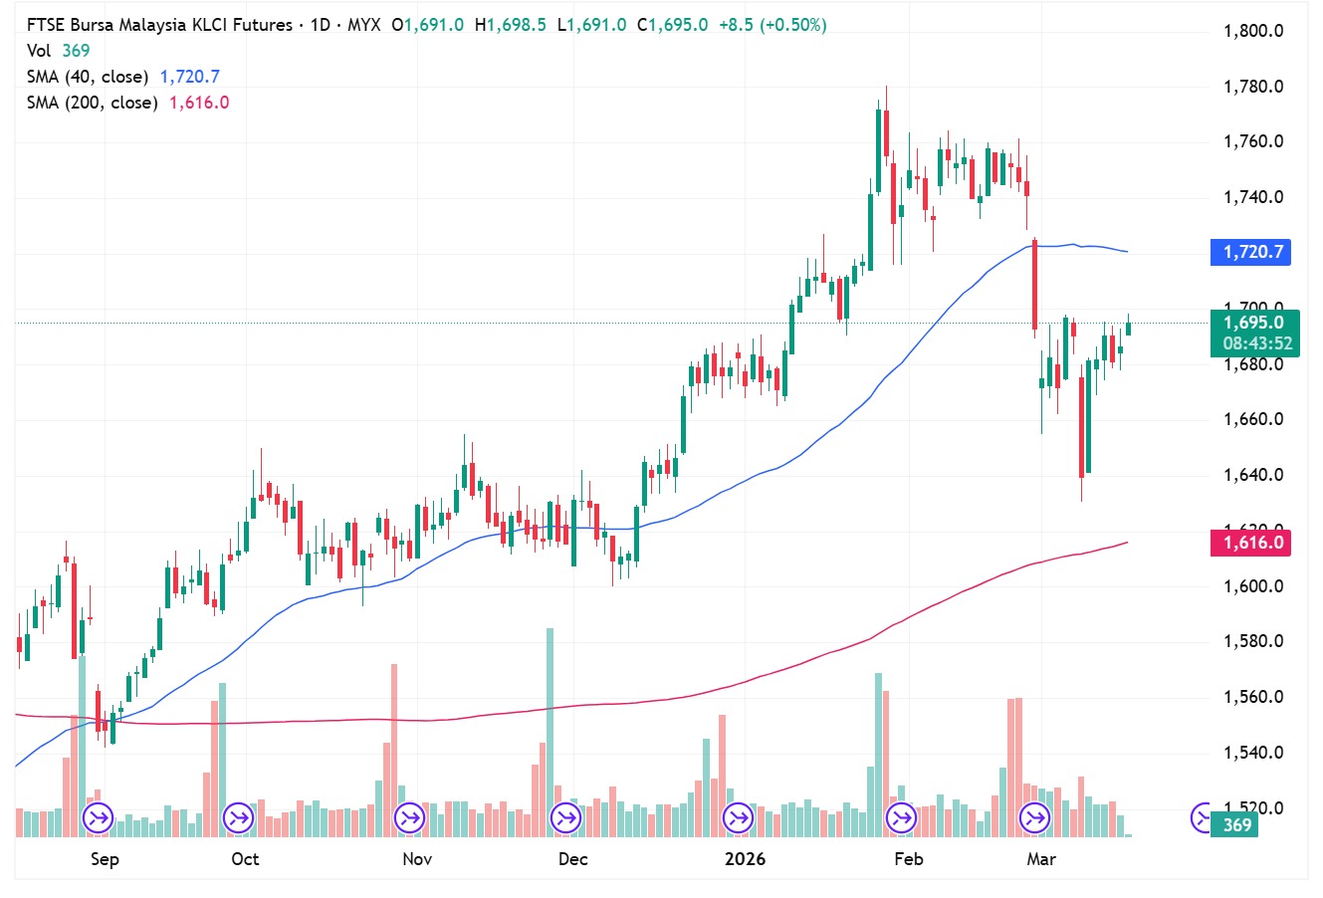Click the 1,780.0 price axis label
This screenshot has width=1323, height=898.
pyautogui.click(x=1252, y=87)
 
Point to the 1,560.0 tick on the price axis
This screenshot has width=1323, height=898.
pyautogui.click(x=1252, y=697)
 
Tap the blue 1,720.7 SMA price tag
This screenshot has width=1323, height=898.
pyautogui.click(x=1250, y=252)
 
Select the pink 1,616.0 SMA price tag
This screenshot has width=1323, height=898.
pyautogui.click(x=1250, y=543)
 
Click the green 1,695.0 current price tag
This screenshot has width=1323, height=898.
pyautogui.click(x=1253, y=323)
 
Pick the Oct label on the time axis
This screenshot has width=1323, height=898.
pyautogui.click(x=245, y=859)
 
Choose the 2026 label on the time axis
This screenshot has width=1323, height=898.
pyautogui.click(x=745, y=859)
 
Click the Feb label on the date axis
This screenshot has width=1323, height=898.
pyautogui.click(x=908, y=859)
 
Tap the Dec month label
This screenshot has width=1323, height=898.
pyautogui.click(x=573, y=859)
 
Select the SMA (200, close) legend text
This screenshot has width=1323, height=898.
pyautogui.click(x=93, y=103)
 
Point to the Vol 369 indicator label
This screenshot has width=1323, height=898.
pyautogui.click(x=58, y=51)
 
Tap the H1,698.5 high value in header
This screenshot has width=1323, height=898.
pyautogui.click(x=511, y=25)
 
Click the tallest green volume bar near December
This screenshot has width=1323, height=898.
pyautogui.click(x=550, y=732)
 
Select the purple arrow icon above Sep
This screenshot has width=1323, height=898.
pyautogui.click(x=98, y=818)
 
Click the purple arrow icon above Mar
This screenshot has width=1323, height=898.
pyautogui.click(x=1034, y=818)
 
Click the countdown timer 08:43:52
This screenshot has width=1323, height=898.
pyautogui.click(x=1257, y=343)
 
